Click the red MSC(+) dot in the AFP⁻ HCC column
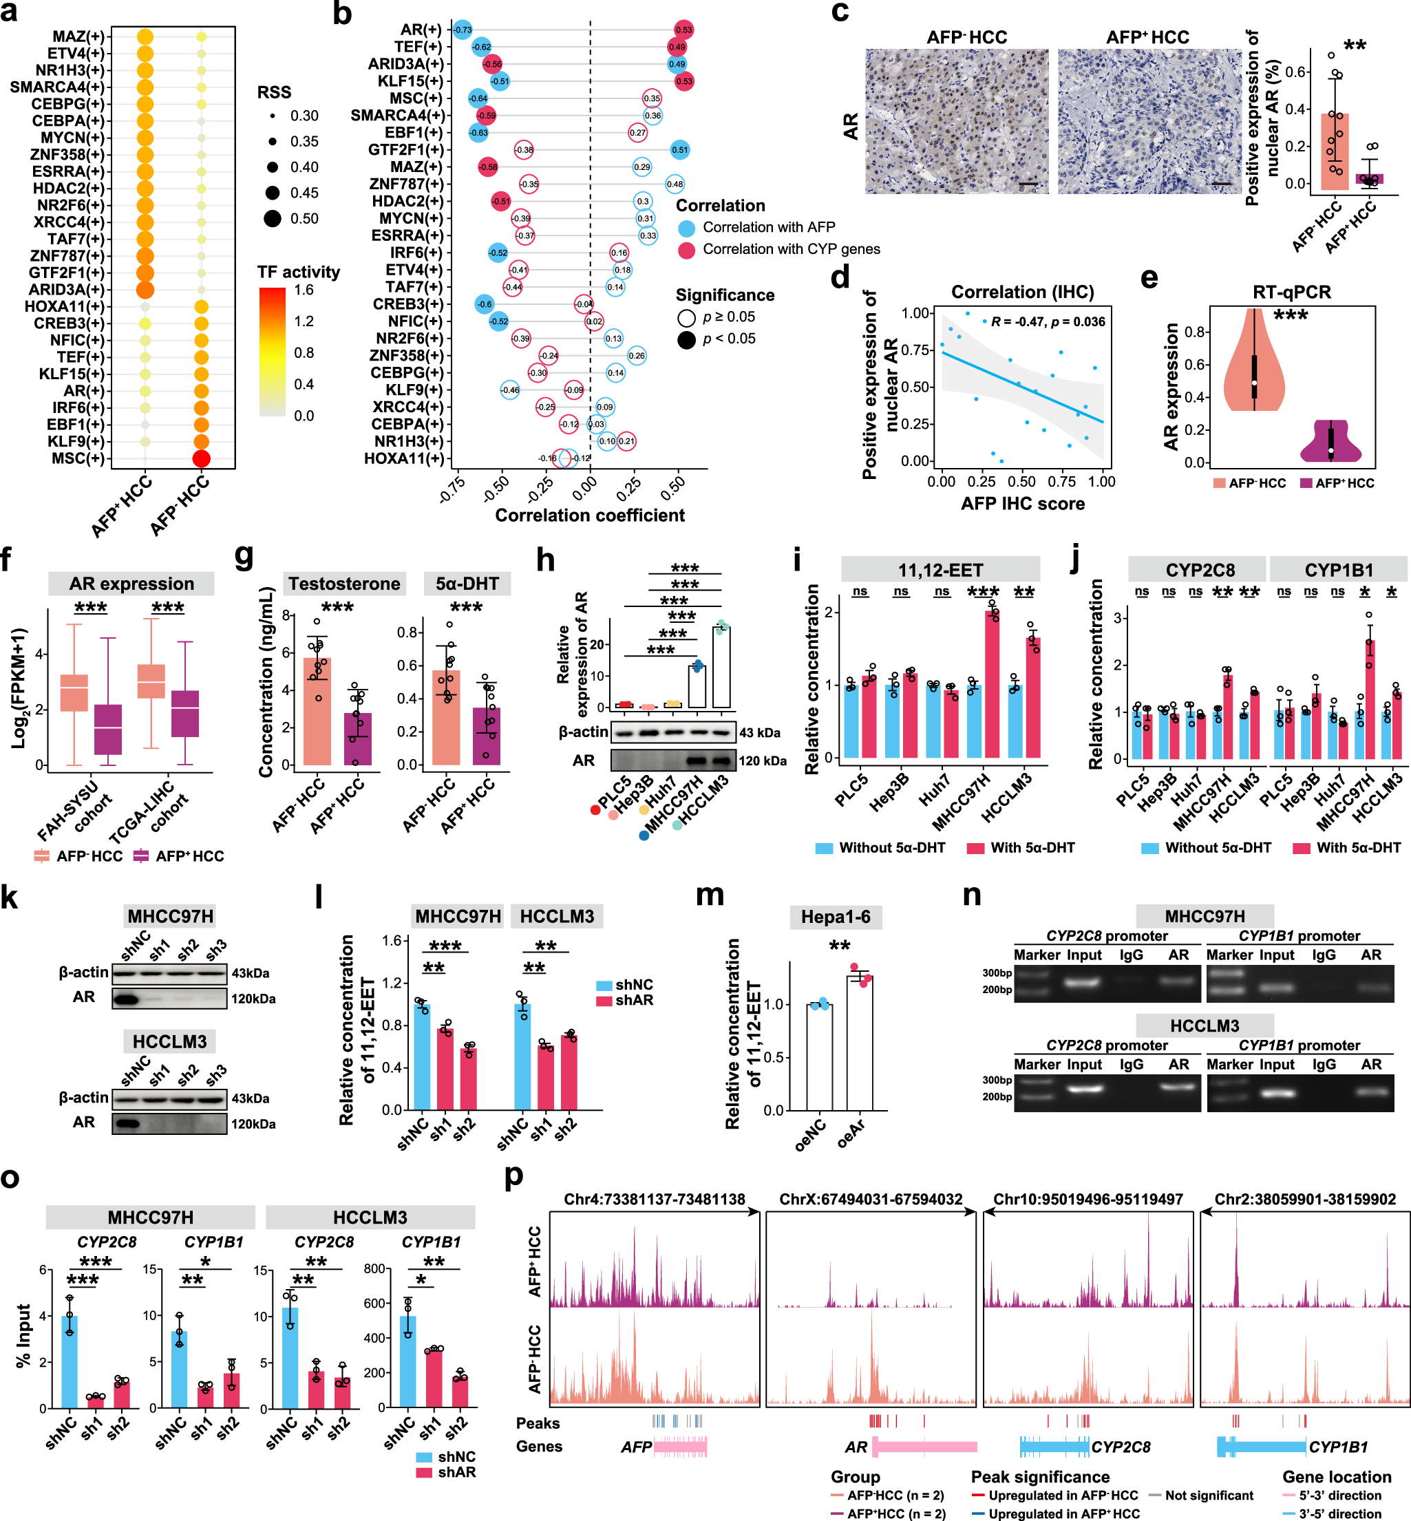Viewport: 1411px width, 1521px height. [x=201, y=458]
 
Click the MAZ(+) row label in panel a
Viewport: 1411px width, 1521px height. [x=78, y=36]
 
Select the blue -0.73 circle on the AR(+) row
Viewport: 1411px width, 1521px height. [x=462, y=30]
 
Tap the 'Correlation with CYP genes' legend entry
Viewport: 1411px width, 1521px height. [x=791, y=249]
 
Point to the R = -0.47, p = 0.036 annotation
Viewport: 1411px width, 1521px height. [x=1048, y=321]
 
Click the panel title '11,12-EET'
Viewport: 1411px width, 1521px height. [x=940, y=570]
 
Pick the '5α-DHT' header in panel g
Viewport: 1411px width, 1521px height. [x=467, y=584]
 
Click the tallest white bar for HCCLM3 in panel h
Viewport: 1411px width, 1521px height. [x=721, y=668]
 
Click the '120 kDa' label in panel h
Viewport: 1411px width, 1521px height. [x=762, y=760]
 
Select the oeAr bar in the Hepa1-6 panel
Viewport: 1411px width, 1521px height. [x=859, y=1042]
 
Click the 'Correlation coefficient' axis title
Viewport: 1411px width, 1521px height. [x=589, y=515]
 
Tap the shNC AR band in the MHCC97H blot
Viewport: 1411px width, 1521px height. [x=127, y=998]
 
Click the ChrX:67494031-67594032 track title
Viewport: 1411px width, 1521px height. [x=871, y=1199]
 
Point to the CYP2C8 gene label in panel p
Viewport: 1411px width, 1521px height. [x=1120, y=1447]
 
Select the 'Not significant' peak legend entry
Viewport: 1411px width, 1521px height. [x=1209, y=1495]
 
